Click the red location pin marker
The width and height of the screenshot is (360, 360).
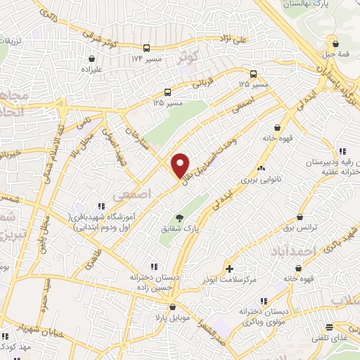(x=181, y=165)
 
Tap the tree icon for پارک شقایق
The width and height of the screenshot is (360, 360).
(x=181, y=218)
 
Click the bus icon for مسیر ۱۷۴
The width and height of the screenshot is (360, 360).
(x=146, y=48)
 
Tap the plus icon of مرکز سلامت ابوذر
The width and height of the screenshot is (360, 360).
(x=230, y=269)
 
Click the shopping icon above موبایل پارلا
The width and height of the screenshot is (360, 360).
(x=172, y=306)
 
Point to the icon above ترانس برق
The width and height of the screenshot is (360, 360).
(x=300, y=217)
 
